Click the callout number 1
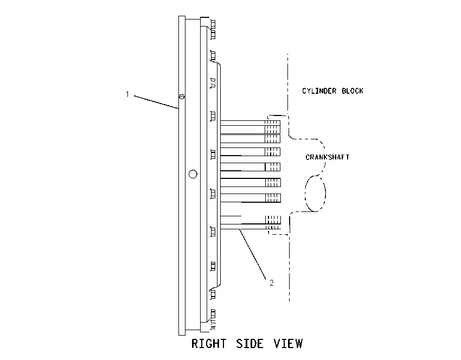127,94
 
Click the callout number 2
271,282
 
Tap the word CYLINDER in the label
319,91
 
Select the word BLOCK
352,91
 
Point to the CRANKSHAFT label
328,157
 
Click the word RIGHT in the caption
209,344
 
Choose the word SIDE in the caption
249,344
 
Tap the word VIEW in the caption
288,344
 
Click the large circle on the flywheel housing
193,174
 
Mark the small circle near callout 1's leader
182,97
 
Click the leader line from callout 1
156,102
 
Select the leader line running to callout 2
253,254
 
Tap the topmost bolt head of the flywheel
213,24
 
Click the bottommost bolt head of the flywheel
213,314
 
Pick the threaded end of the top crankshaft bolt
273,123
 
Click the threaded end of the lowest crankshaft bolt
273,228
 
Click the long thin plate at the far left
182,176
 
